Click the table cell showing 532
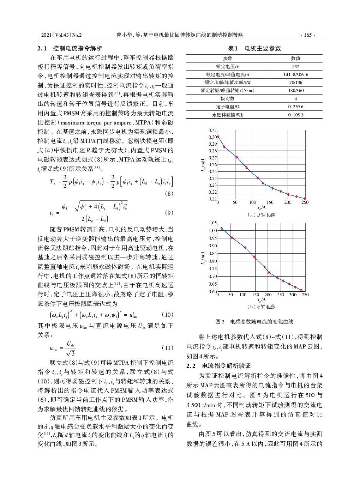click(296, 66)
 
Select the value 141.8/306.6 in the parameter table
click(296, 74)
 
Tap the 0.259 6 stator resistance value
click(296, 107)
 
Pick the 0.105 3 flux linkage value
click(296, 115)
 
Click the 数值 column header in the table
click(296, 58)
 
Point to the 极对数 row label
click(228, 98)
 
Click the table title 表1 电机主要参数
click(254, 48)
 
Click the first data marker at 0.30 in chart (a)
click(218, 137)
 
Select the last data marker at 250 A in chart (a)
click(305, 199)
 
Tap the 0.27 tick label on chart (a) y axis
click(212, 158)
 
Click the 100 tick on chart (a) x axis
click(253, 202)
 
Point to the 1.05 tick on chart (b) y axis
click(212, 223)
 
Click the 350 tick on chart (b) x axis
click(305, 295)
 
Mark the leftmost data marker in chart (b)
click(222, 228)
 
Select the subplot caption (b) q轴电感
click(261, 307)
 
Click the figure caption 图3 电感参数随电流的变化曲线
click(254, 322)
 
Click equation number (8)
click(169, 194)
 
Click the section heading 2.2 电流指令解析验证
click(218, 366)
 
